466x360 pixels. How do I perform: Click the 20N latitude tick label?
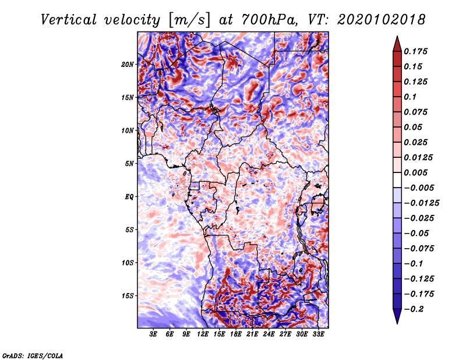[x=128, y=65]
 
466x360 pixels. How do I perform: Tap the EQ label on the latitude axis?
[x=129, y=197]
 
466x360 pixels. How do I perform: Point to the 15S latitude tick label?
[x=128, y=296]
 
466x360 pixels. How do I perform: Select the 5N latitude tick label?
[x=129, y=164]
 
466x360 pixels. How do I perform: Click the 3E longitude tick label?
[x=153, y=334]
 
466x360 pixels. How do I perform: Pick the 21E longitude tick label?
[x=252, y=334]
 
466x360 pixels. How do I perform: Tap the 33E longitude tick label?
[x=318, y=334]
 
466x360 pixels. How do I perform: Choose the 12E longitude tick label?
[x=202, y=334]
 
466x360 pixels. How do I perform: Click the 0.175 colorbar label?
[x=415, y=51]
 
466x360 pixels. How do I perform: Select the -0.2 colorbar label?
[x=414, y=309]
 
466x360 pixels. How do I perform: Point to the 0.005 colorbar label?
[x=415, y=172]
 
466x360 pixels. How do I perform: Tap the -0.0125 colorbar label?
[x=421, y=203]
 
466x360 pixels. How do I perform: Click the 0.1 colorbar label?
[x=410, y=97]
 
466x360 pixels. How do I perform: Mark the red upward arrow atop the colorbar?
[x=397, y=44]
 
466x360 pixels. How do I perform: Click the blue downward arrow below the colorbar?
[x=397, y=316]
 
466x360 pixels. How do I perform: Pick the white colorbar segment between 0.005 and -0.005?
[x=397, y=180]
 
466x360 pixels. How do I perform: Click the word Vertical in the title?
[x=69, y=20]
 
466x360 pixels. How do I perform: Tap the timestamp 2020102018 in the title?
[x=382, y=20]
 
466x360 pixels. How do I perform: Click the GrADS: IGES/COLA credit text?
[x=33, y=355]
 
